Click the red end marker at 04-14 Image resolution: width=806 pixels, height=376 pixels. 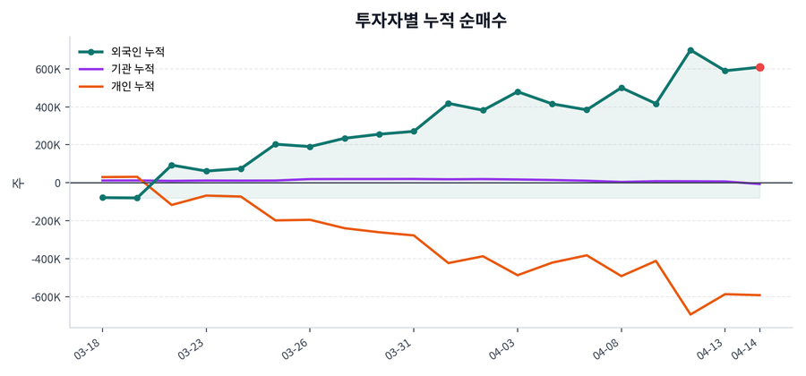759,67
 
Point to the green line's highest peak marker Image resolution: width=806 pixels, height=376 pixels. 690,50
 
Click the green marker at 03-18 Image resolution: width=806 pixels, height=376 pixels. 102,197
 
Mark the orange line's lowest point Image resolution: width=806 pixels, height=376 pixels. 690,314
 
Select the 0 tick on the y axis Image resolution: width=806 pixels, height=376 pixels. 56,183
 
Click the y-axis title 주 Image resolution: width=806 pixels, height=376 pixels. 17,183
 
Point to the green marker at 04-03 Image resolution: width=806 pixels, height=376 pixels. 518,91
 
